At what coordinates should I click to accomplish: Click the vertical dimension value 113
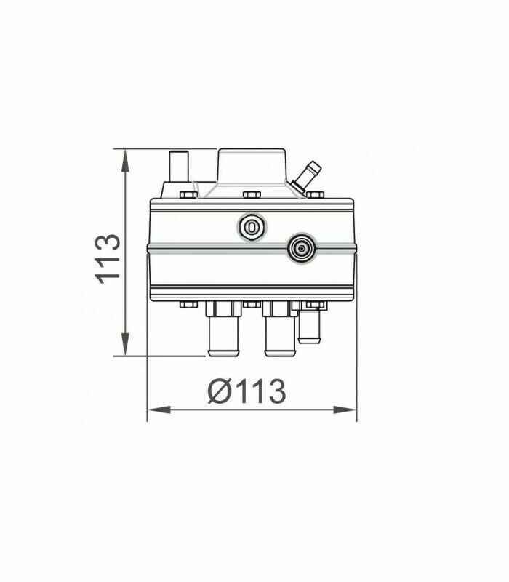pos(108,259)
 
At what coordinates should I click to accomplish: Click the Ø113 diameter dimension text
pos(247,391)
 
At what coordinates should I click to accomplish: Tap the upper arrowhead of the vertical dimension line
pos(125,160)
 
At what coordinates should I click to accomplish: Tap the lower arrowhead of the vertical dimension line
pos(125,344)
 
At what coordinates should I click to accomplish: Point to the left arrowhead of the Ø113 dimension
pos(159,410)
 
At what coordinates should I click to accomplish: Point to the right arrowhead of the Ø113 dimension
pos(345,410)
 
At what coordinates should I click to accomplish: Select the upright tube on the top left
pos(178,167)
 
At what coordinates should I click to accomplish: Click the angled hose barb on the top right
pos(306,175)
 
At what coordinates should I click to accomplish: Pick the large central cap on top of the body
pos(252,166)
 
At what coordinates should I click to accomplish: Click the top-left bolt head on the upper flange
pos(188,195)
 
